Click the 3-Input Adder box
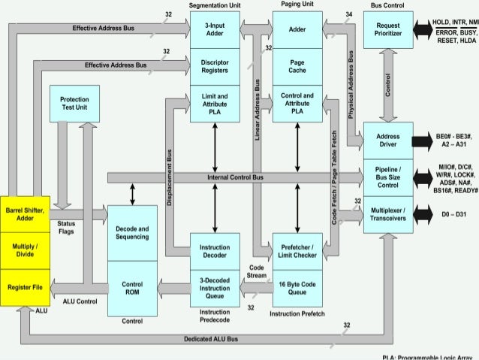point(215,30)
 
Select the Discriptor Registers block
point(215,66)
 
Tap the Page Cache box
point(297,65)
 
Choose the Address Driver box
point(388,139)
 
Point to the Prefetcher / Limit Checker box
point(297,251)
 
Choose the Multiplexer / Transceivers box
point(388,214)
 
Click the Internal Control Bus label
point(235,177)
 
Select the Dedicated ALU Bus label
point(211,339)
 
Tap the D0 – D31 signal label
point(451,214)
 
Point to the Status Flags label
point(65,227)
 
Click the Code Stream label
point(257,271)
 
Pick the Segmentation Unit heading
point(215,5)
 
